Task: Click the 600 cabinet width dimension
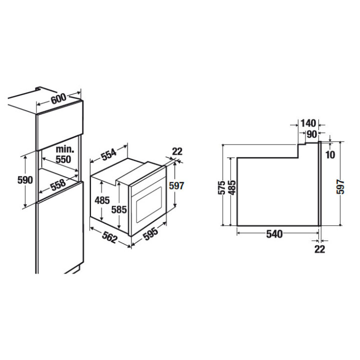[58, 98]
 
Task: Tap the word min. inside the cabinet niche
[65, 149]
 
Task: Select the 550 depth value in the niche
[63, 159]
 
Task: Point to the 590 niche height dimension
[25, 180]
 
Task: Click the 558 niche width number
[58, 185]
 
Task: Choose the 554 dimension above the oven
[109, 154]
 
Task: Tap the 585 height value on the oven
[119, 209]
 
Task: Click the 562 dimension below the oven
[109, 237]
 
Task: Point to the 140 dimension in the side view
[308, 123]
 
